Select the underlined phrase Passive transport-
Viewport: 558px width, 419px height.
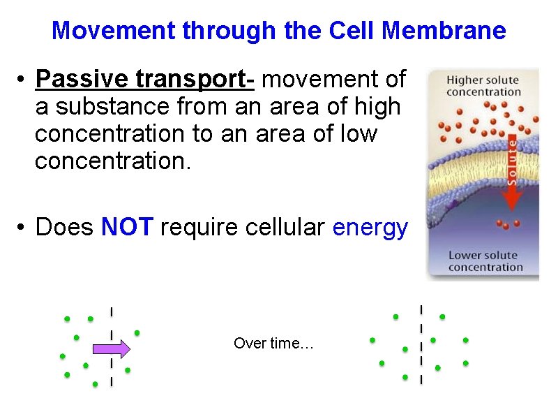point(144,80)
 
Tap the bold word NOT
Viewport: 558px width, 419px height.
point(127,227)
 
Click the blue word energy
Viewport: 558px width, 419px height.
point(370,228)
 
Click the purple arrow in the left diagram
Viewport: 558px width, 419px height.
point(112,348)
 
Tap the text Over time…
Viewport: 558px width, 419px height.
point(274,344)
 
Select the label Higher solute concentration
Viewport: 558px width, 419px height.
point(483,86)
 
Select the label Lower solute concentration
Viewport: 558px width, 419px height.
point(485,261)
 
